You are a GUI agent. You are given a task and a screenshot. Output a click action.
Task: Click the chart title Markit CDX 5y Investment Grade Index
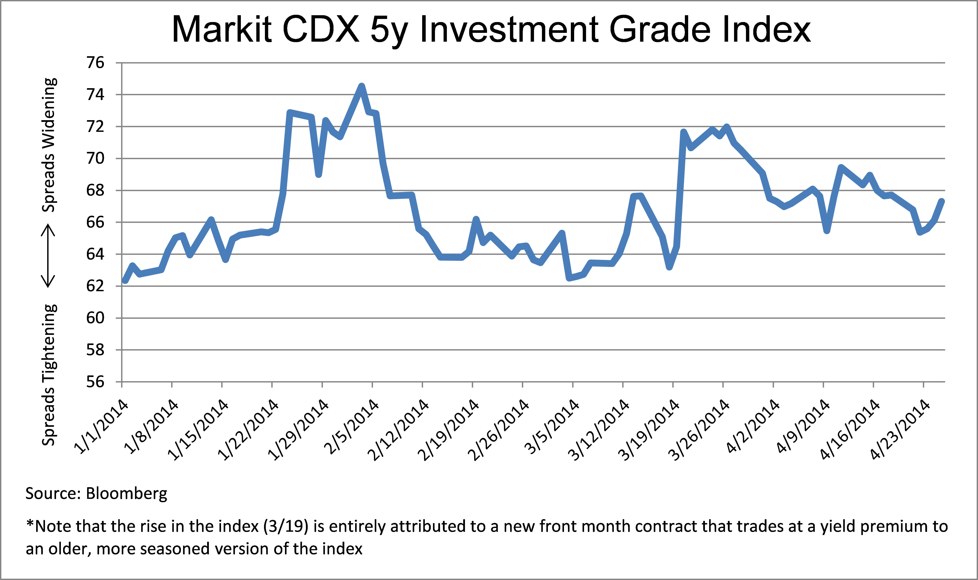point(491,30)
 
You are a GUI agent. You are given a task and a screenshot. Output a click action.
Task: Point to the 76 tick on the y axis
point(96,63)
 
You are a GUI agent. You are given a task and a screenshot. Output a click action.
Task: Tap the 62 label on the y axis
point(96,286)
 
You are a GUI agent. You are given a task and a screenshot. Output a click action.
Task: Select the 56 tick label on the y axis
point(96,382)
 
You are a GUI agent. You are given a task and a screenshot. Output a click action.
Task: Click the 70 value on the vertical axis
point(96,158)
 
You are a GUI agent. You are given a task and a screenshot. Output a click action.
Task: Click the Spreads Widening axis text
point(49,145)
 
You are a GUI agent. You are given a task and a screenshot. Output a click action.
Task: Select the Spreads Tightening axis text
point(49,374)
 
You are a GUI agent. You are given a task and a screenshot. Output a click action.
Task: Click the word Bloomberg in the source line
point(126,494)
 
